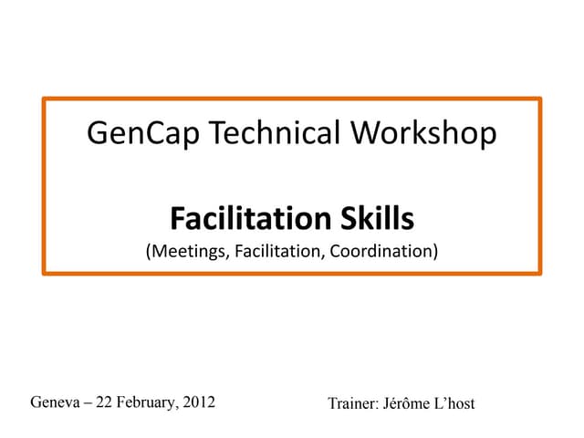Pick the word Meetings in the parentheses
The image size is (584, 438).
click(x=186, y=249)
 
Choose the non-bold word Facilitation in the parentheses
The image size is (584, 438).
click(x=274, y=249)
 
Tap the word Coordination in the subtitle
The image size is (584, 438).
click(x=379, y=249)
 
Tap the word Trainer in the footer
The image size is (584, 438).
click(x=352, y=402)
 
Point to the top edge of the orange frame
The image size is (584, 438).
click(x=292, y=99)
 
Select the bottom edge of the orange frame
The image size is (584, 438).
click(x=292, y=272)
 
